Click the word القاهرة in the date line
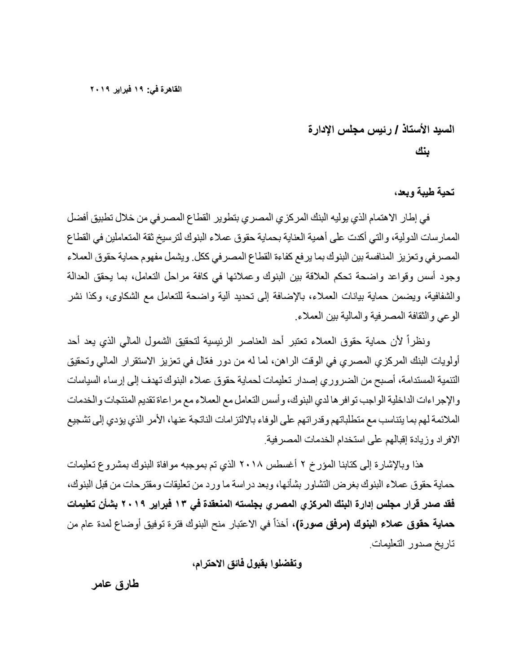coord(171,89)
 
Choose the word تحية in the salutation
coord(444,192)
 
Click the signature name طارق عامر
coord(114,586)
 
